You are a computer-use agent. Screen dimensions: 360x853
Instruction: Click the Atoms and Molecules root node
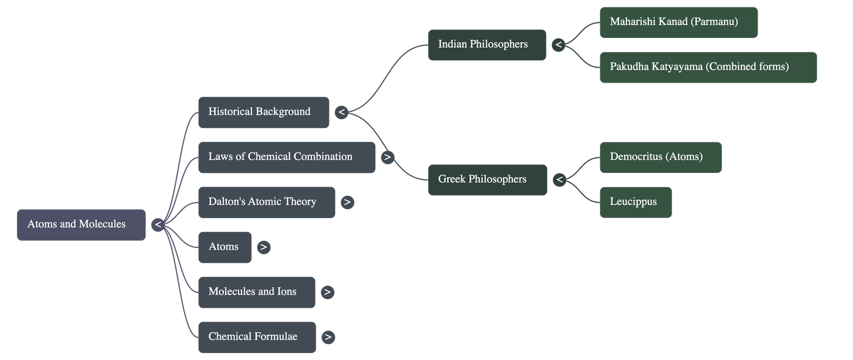pos(81,225)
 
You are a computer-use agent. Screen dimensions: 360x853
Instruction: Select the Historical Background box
pos(263,112)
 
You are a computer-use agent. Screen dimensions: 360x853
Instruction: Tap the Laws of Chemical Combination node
pos(286,157)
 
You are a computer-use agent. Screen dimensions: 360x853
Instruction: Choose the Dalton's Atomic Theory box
pos(266,202)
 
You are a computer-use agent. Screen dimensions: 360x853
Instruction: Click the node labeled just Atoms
pos(224,247)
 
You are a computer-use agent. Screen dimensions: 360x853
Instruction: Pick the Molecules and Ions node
pos(256,292)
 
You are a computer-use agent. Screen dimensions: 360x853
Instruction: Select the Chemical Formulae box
pos(256,337)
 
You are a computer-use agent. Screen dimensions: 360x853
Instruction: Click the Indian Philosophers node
pos(487,45)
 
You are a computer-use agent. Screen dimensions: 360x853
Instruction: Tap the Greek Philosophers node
pos(487,180)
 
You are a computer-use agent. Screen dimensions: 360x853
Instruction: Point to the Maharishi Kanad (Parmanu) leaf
pos(678,22)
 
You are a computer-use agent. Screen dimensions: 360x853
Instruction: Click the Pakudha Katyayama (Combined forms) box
pos(708,67)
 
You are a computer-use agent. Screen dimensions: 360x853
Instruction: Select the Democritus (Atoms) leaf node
pos(660,157)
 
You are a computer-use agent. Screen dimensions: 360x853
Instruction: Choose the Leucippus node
pos(635,202)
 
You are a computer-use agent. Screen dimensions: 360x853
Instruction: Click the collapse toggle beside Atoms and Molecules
pos(158,225)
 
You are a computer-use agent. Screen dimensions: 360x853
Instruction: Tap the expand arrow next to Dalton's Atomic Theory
pos(347,202)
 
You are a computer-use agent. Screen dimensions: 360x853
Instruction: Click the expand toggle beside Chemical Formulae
pos(328,337)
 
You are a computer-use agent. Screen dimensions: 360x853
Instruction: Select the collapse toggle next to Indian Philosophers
pos(558,45)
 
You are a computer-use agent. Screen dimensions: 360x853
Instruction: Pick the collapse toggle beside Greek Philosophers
pos(559,180)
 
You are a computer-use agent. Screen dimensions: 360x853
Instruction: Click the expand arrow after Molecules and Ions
pos(328,292)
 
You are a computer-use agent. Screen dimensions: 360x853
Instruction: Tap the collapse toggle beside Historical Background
pos(342,112)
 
